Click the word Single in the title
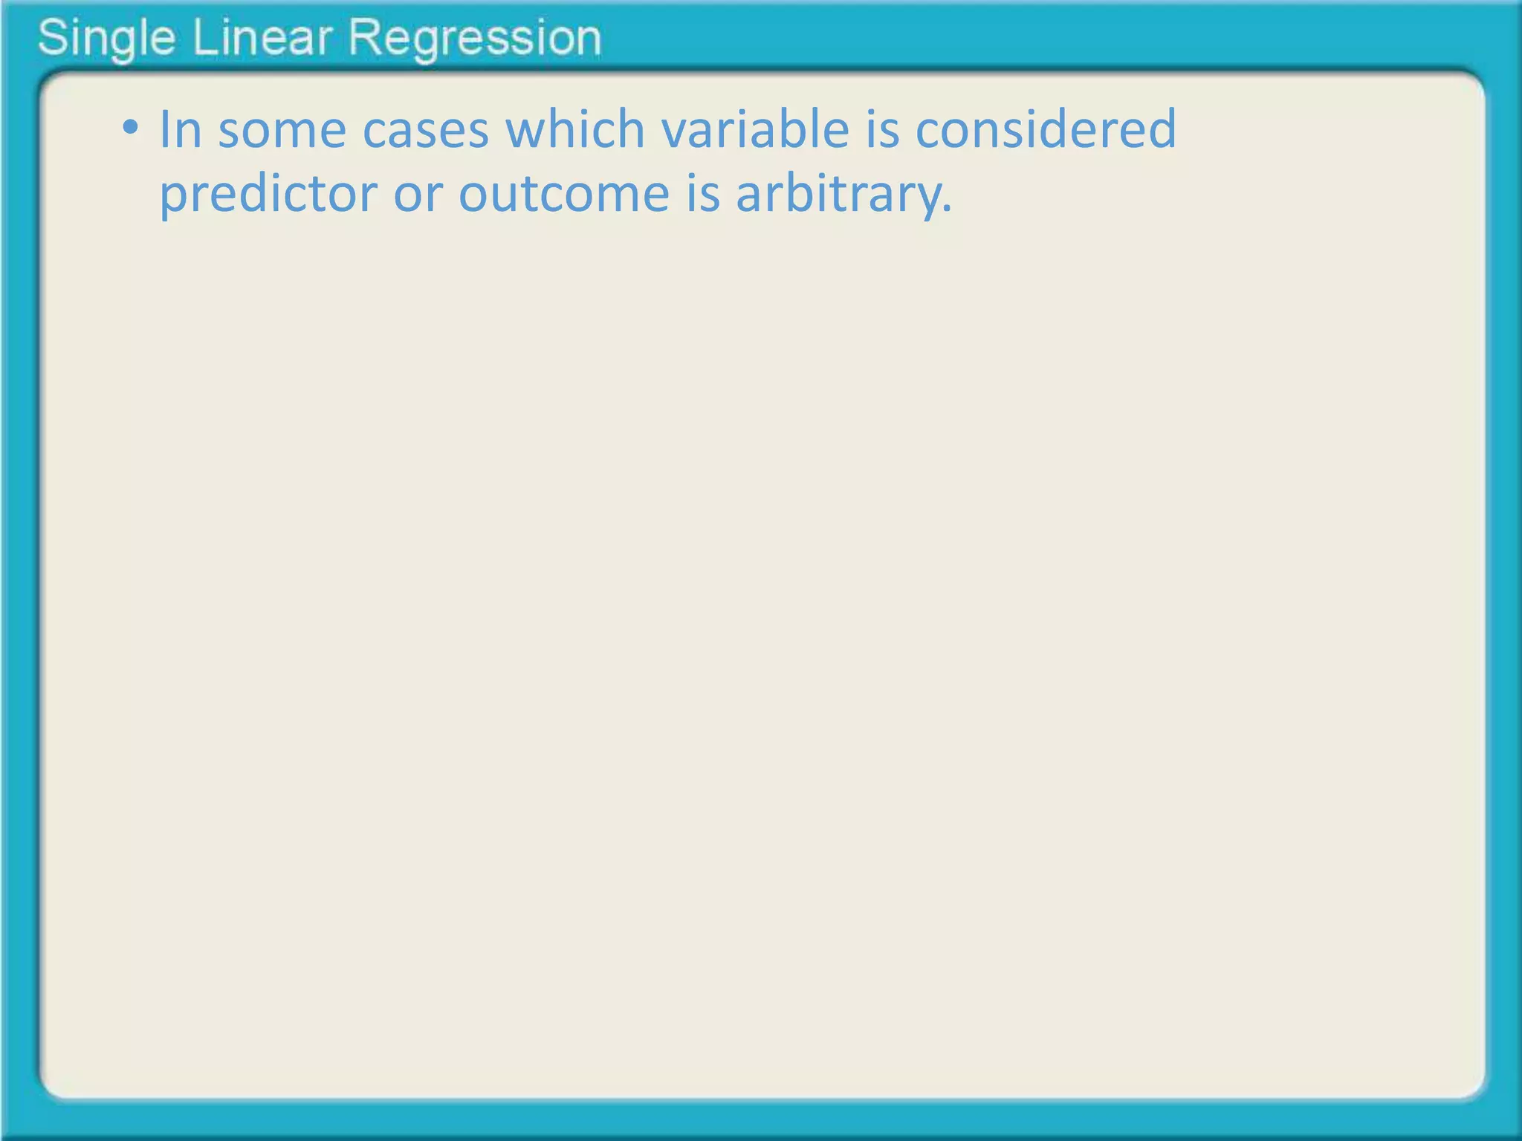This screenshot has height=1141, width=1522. coord(106,39)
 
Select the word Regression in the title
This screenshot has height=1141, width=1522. coord(475,39)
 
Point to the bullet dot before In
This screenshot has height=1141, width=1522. coord(131,128)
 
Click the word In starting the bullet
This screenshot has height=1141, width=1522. coord(181,129)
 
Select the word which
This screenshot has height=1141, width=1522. coord(575,129)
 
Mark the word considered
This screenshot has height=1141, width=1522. coord(1046,129)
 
